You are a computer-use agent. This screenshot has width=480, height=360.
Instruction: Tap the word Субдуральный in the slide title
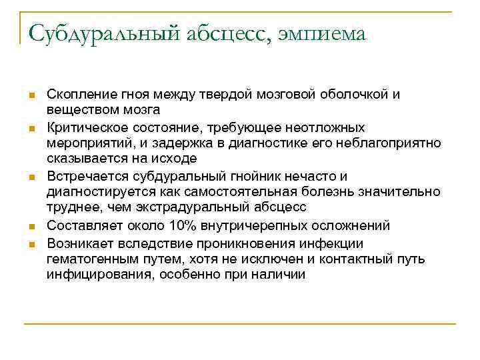coord(104,34)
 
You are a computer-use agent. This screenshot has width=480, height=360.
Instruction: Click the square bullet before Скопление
coord(31,95)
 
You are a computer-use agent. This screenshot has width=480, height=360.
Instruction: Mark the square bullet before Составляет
coord(31,226)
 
